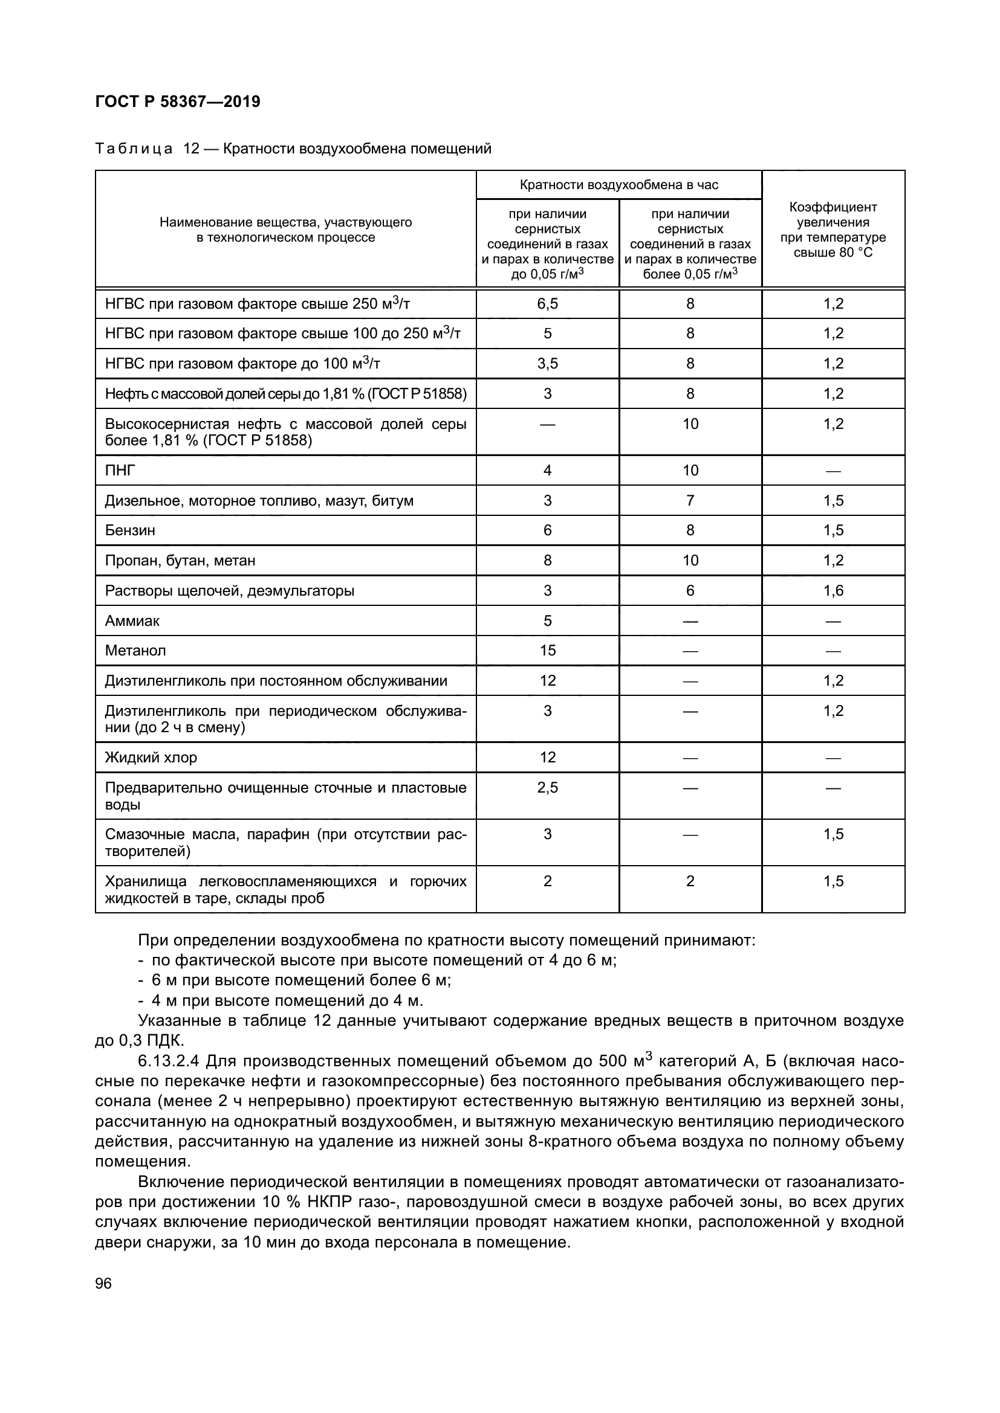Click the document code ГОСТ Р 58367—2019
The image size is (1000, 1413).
[178, 101]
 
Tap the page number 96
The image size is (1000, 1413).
[104, 1283]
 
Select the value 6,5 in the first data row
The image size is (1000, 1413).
[547, 303]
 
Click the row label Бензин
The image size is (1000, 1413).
[130, 530]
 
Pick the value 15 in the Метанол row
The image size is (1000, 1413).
[547, 651]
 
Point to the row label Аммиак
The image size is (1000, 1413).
[132, 620]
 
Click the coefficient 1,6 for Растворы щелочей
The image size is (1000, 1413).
[833, 591]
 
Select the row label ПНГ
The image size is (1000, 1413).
[120, 470]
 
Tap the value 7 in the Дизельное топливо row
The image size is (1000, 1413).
[690, 500]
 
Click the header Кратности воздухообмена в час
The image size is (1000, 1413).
[619, 185]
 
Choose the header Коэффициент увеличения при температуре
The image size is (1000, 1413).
[833, 230]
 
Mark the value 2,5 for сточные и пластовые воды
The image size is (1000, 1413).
[547, 788]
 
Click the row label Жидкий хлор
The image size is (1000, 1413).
[151, 757]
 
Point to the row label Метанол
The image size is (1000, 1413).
[135, 651]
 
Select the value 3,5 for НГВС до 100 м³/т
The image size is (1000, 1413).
[547, 363]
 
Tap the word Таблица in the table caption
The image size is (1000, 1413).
[134, 149]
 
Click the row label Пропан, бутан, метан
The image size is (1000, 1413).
[180, 560]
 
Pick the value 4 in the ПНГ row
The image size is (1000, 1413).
[547, 470]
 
